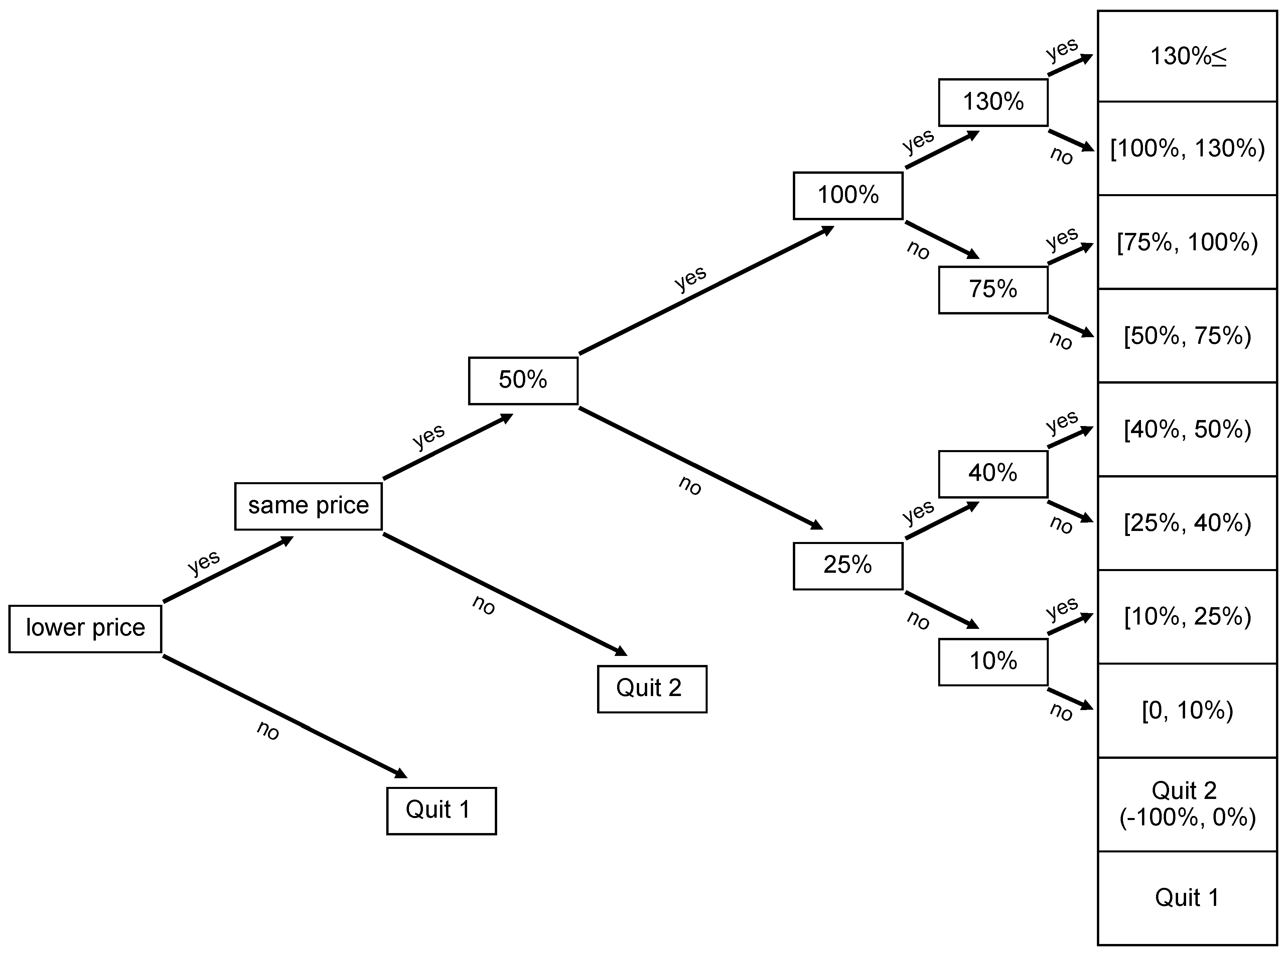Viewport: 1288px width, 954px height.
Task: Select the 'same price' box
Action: (308, 506)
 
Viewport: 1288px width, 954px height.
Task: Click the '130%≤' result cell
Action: (1187, 56)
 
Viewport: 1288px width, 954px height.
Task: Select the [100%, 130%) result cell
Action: (1187, 148)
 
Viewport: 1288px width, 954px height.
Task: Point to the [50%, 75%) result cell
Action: (1187, 335)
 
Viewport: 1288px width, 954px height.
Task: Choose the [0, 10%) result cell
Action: (1187, 710)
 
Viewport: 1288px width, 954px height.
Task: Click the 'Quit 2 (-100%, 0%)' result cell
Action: (1187, 804)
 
